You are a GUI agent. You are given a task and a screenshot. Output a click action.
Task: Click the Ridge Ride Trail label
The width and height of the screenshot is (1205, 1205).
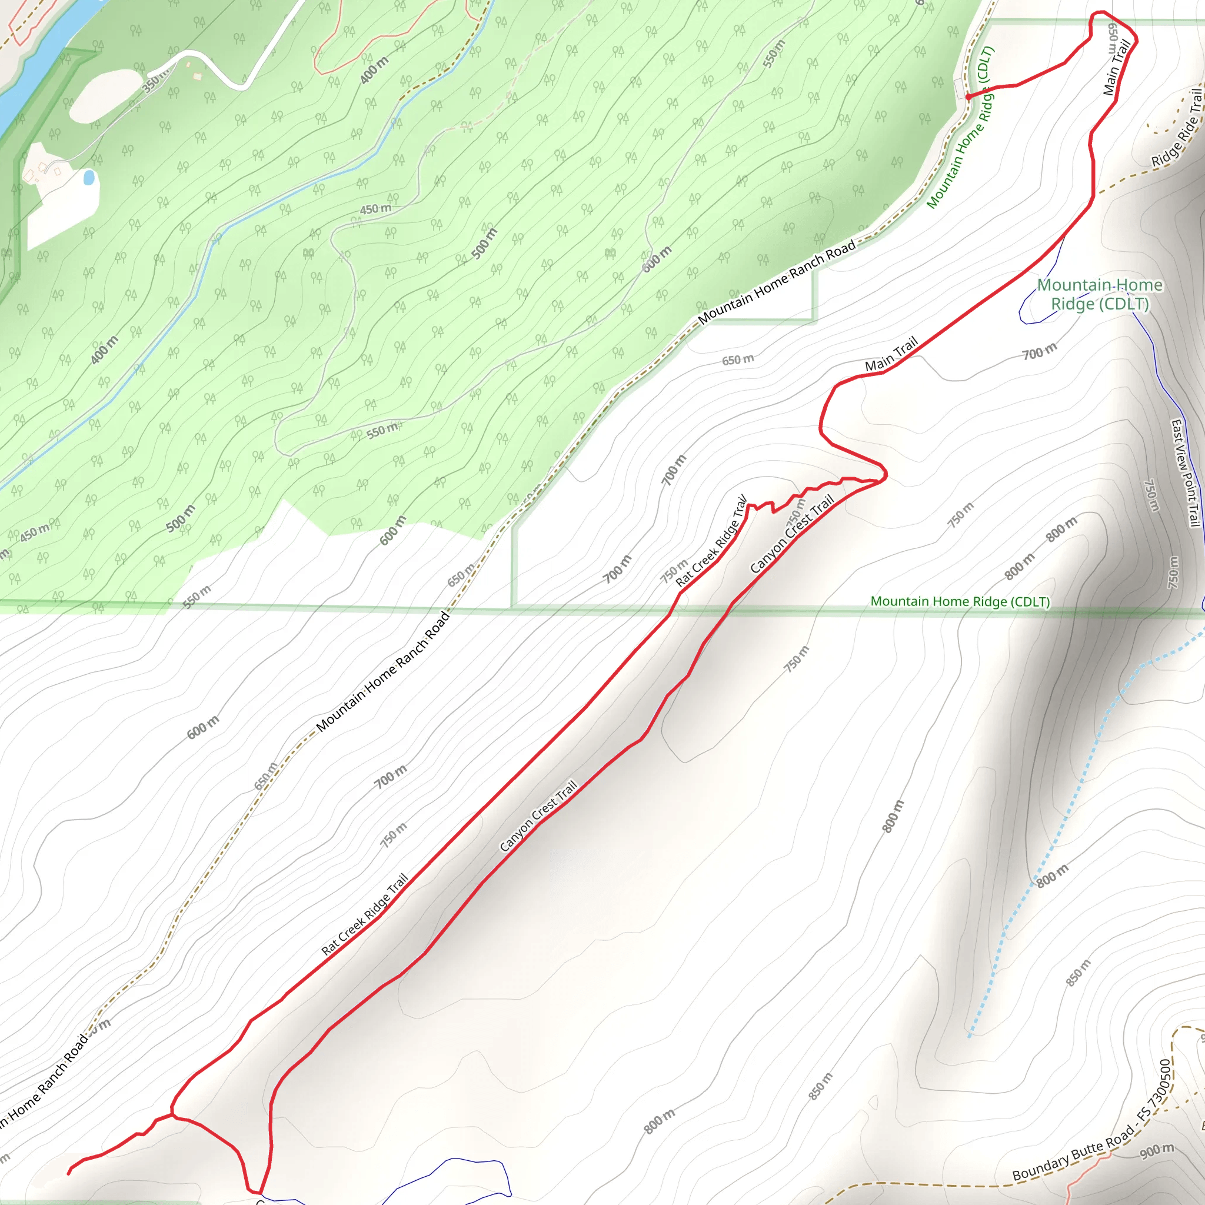[x=1177, y=128]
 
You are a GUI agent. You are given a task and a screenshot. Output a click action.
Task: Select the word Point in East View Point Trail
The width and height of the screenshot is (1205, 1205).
[x=1187, y=484]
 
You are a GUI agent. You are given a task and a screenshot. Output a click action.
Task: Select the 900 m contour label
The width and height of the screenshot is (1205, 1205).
[x=1157, y=1151]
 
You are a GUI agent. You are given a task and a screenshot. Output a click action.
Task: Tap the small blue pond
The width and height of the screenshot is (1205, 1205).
[x=89, y=178]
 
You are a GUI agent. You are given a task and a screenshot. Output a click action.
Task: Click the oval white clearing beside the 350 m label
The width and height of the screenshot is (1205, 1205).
[x=105, y=95]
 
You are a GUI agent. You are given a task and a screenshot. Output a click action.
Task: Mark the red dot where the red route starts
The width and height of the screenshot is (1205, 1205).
[x=968, y=96]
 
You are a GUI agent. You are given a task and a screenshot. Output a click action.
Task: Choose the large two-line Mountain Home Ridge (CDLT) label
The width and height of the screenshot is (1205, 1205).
[x=1100, y=294]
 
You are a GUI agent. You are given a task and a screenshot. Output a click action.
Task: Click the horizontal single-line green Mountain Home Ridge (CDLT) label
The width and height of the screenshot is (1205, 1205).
[x=960, y=601]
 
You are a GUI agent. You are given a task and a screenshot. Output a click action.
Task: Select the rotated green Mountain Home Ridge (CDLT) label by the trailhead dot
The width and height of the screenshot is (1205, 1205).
[x=960, y=128]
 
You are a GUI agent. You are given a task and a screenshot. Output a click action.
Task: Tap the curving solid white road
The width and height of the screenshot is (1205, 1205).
[x=218, y=69]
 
